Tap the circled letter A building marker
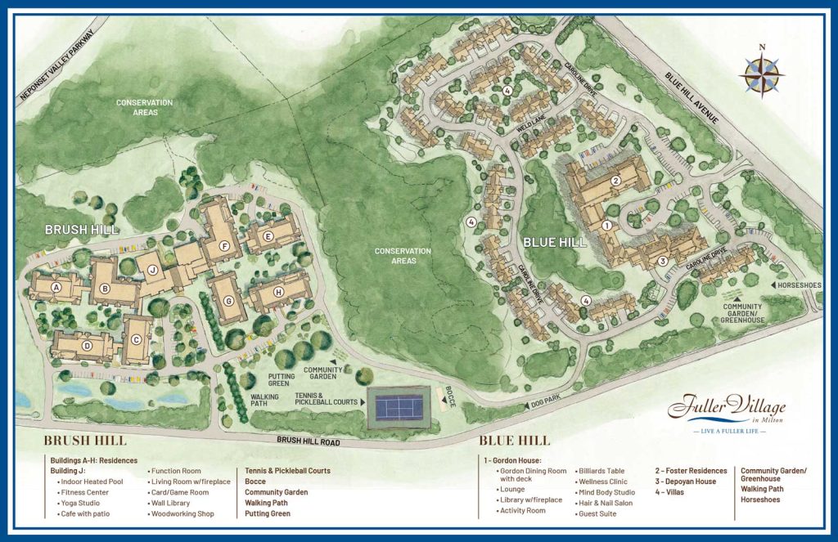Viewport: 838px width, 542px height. [x=57, y=288]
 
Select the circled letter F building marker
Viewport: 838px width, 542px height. [x=223, y=246]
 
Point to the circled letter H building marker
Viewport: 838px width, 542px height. [x=278, y=292]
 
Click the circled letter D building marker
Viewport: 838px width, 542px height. [x=86, y=345]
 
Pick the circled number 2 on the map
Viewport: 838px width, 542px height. [x=615, y=181]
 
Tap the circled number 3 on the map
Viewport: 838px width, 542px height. [x=663, y=261]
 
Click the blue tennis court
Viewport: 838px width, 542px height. [x=398, y=405]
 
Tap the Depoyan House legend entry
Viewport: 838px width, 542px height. [x=686, y=482]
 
